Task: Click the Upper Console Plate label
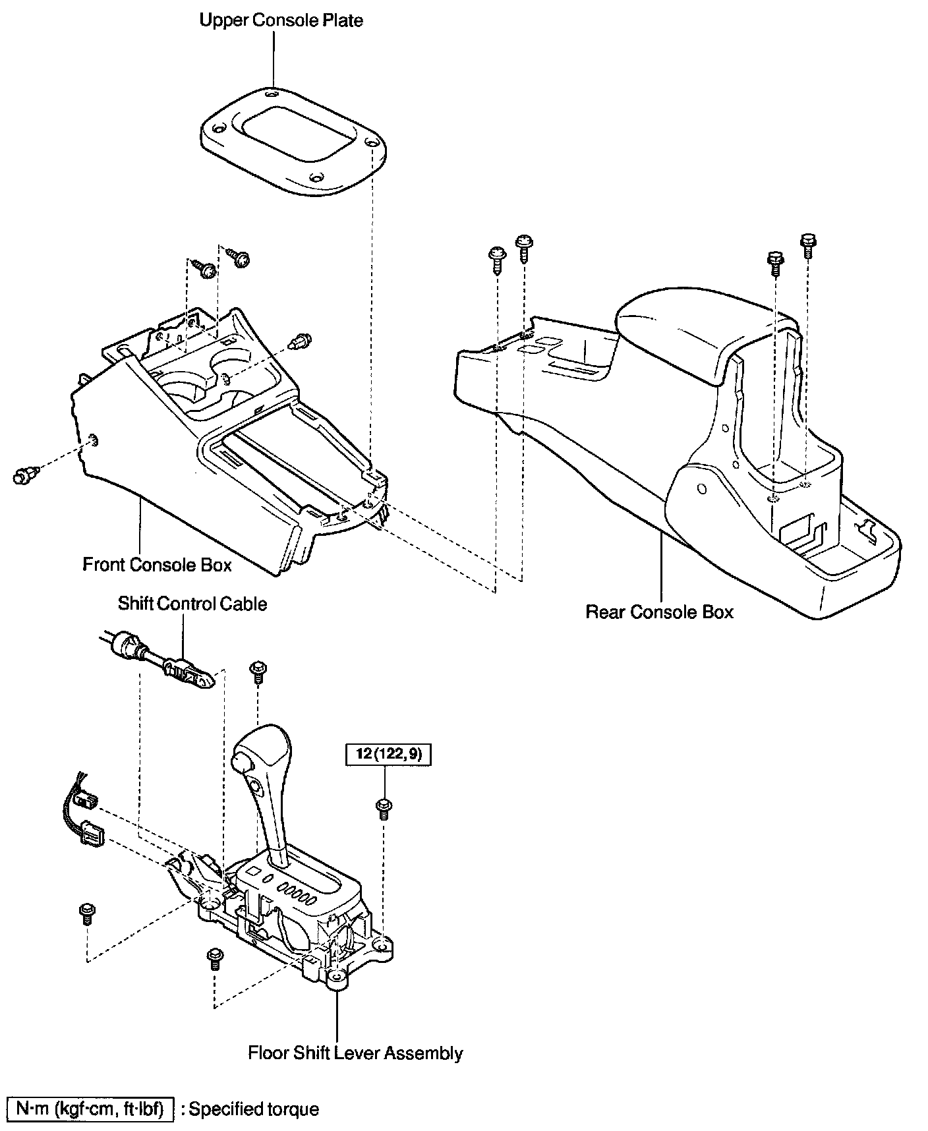tap(281, 20)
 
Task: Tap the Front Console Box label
tap(157, 565)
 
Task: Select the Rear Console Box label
tap(659, 612)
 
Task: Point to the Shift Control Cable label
tap(192, 604)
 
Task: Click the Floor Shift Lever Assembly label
tap(355, 1053)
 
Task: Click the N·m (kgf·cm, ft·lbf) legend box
tap(90, 1109)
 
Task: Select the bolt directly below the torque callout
tap(383, 807)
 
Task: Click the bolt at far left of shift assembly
tap(87, 913)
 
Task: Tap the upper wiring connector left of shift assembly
tap(84, 801)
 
